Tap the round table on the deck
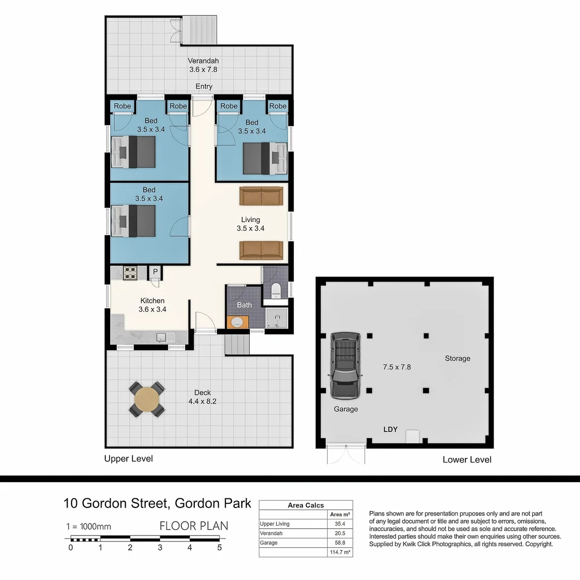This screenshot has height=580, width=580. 147,399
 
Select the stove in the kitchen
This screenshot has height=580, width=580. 131,273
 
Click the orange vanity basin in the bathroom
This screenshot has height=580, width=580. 236,322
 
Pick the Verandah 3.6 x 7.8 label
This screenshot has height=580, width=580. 203,65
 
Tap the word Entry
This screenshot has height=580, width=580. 204,86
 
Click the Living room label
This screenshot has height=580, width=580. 250,223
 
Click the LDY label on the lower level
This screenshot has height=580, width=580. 390,429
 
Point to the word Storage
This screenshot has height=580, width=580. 457,358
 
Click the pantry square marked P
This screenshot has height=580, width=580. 155,272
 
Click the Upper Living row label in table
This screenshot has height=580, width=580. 274,524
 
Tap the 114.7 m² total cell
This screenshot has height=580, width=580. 340,552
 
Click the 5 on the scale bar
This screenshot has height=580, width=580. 220,548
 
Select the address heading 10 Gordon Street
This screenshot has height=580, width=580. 157,503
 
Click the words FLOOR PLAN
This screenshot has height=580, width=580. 194,526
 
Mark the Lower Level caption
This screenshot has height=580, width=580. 467,460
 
